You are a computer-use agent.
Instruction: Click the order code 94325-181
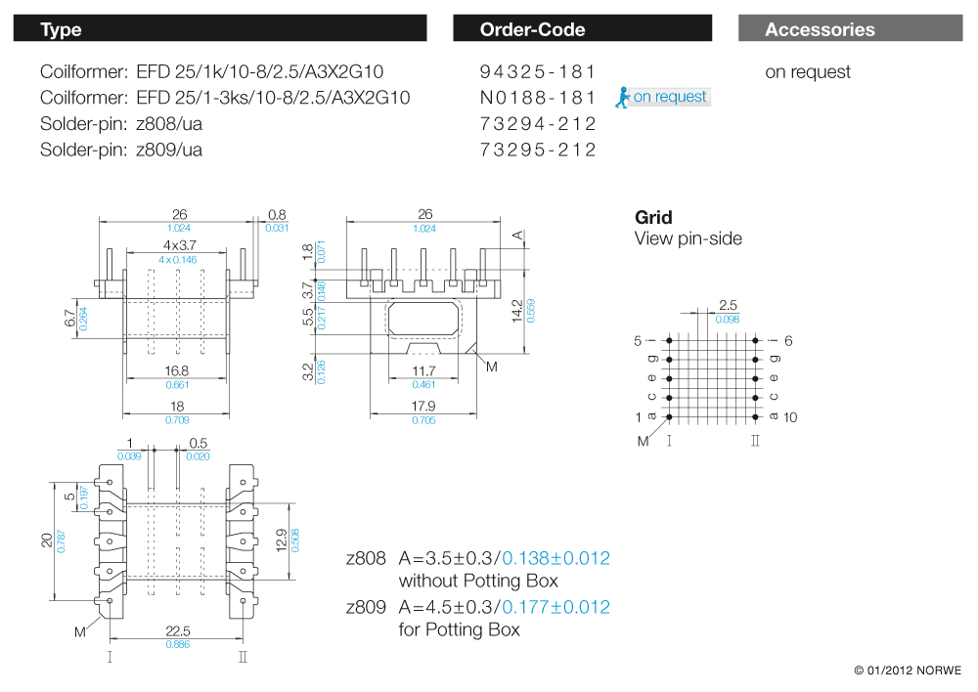(x=538, y=71)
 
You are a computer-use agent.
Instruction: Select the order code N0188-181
(x=538, y=98)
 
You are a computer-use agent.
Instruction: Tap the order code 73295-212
(x=538, y=150)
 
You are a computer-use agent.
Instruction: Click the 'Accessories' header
(x=820, y=29)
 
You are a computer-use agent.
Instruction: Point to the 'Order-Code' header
(x=532, y=29)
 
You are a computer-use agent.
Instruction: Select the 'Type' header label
(x=61, y=29)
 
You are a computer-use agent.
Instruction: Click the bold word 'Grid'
(x=653, y=217)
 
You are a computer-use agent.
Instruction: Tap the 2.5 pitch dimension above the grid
(x=728, y=306)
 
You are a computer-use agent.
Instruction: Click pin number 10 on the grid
(x=790, y=417)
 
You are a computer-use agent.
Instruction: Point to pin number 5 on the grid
(x=638, y=340)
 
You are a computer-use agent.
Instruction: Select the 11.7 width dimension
(x=423, y=372)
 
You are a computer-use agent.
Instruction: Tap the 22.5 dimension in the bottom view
(x=177, y=631)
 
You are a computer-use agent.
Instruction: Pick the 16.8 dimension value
(x=176, y=371)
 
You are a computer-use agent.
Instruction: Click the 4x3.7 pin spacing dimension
(x=180, y=245)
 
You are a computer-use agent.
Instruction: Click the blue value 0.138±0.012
(x=556, y=558)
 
